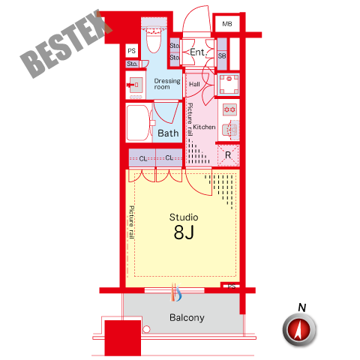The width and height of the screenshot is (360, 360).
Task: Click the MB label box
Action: click(227, 24)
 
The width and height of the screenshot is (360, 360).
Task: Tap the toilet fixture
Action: click(154, 40)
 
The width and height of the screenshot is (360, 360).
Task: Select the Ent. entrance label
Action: click(197, 52)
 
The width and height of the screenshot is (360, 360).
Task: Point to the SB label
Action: click(222, 55)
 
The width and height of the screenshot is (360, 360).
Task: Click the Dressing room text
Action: click(167, 84)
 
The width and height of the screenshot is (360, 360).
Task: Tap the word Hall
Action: click(194, 84)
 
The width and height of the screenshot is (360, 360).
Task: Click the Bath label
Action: click(168, 133)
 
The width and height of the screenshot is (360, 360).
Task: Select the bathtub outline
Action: click(138, 123)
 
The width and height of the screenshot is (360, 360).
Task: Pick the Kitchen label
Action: click(204, 127)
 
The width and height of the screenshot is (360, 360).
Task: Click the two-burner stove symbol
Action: click(229, 109)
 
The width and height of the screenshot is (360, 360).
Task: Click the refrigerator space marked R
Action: click(228, 155)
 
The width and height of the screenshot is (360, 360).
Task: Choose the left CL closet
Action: click(142, 157)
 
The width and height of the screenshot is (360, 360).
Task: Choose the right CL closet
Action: click(169, 157)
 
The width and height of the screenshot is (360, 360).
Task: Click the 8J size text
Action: click(184, 232)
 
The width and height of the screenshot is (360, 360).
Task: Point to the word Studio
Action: click(184, 217)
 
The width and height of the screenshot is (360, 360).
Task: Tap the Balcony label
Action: click(187, 318)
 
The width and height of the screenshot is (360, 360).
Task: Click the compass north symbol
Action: click(299, 329)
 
